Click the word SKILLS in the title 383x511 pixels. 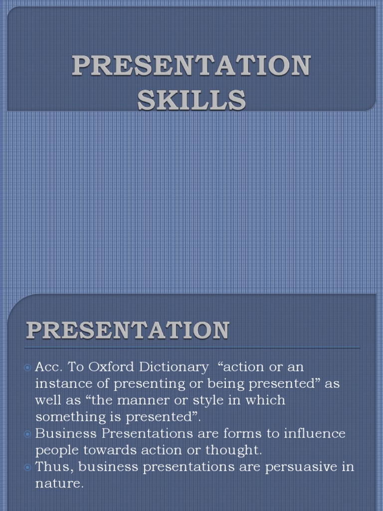pos(191,99)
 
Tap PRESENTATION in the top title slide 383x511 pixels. pos(191,66)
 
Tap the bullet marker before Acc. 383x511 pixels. pos(28,368)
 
